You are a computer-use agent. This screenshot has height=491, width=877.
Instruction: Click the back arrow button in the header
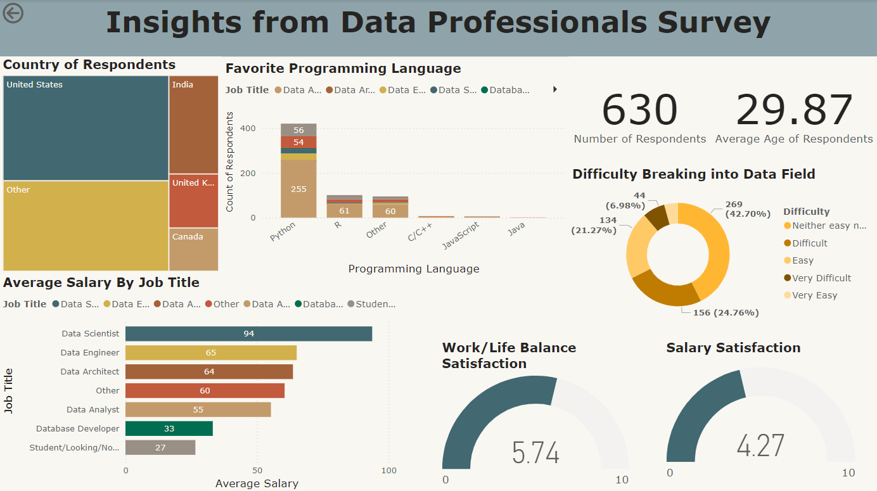coord(13,13)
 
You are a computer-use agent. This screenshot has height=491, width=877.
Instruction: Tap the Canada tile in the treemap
coord(193,249)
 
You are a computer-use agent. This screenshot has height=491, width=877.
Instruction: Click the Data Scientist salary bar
coord(248,333)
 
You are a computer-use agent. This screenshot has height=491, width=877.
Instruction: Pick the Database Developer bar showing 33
coord(169,429)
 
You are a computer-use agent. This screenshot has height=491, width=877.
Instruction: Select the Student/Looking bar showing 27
coord(160,448)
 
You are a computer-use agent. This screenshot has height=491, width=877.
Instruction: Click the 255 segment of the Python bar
coord(298,189)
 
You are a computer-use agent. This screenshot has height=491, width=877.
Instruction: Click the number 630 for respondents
coord(639,110)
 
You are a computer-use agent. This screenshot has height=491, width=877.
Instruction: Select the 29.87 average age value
coord(794,110)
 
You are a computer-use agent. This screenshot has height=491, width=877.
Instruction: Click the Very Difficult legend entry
coord(821,278)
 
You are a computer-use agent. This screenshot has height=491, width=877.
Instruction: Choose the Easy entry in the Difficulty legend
coord(802,260)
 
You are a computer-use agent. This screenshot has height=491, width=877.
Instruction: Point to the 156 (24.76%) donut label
coord(719,313)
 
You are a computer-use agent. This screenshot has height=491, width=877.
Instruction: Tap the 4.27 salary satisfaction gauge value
coord(760,445)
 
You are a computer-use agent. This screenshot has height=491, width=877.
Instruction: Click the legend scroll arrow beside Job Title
coord(555,90)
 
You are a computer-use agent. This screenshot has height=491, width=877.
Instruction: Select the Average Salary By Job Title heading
coord(101,283)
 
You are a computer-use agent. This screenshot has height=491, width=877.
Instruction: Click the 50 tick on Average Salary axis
coord(257,471)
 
